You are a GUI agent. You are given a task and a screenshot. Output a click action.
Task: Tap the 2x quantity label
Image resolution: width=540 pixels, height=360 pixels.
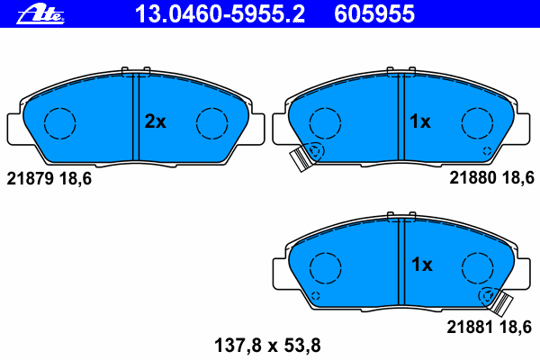(x=156, y=121)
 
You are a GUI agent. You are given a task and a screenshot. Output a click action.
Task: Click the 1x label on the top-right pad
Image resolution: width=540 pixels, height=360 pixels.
(x=421, y=121)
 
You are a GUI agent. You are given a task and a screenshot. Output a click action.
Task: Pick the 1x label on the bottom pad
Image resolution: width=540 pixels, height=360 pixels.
(x=421, y=265)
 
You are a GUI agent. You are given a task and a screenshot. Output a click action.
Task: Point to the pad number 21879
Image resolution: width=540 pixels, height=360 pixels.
(x=31, y=179)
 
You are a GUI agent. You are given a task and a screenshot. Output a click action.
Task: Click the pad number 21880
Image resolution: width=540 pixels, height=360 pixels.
(x=473, y=179)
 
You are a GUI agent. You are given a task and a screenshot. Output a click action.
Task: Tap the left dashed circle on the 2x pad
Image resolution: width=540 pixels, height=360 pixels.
(x=60, y=123)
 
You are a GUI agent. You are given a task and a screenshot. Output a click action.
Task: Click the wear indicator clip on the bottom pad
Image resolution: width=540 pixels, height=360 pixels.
(x=499, y=301)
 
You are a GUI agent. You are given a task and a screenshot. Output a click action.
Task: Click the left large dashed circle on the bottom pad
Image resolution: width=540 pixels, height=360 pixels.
(x=325, y=267)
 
